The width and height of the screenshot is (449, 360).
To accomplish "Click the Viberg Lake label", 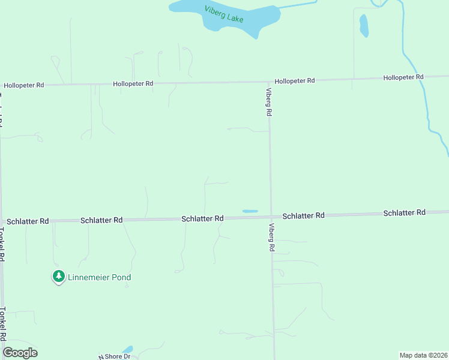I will tap(224, 13).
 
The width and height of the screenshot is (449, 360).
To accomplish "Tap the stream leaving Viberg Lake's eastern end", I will tap(297, 5).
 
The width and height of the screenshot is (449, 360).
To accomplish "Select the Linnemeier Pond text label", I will tap(99, 277).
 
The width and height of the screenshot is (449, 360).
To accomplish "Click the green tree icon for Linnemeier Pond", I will tap(58, 277).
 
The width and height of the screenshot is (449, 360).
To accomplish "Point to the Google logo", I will tap(20, 353).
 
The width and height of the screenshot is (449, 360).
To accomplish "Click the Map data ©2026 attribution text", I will tap(423, 355).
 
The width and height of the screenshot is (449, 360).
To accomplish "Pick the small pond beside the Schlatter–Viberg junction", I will tap(250, 211).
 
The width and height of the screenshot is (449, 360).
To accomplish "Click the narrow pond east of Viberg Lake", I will tap(364, 26).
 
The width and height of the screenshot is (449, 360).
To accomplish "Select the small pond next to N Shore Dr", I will tap(127, 350).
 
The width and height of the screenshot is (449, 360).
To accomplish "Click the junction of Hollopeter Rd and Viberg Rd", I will tap(268, 82).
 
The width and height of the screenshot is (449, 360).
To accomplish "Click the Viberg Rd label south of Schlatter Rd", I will tap(272, 237).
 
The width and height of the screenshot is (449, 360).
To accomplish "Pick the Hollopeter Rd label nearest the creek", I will tap(403, 77).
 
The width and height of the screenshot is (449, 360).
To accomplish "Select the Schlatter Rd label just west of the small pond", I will tap(203, 219).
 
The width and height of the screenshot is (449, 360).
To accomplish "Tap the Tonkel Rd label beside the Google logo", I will tap(3, 325).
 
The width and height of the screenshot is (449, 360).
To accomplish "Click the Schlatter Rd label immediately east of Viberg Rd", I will tap(303, 215).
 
